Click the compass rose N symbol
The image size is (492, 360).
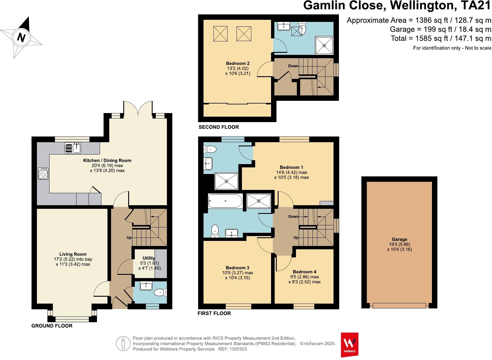click(x=21, y=37)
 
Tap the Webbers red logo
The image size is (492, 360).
click(x=349, y=344)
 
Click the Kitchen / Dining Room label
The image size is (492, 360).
click(x=107, y=160)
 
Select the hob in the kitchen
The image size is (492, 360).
click(x=43, y=173)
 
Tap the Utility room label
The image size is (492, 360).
click(x=149, y=258)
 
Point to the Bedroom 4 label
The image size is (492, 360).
click(x=304, y=272)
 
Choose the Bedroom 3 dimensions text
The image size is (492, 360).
click(x=237, y=275)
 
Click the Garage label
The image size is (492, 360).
click(x=399, y=239)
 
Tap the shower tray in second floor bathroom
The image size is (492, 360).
click(x=324, y=45)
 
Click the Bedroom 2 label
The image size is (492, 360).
click(x=237, y=64)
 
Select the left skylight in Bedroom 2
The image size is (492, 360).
click(x=220, y=34)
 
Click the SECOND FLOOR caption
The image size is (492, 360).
click(x=219, y=127)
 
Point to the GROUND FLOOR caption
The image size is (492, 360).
click(x=52, y=326)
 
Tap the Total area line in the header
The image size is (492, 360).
click(x=441, y=38)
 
